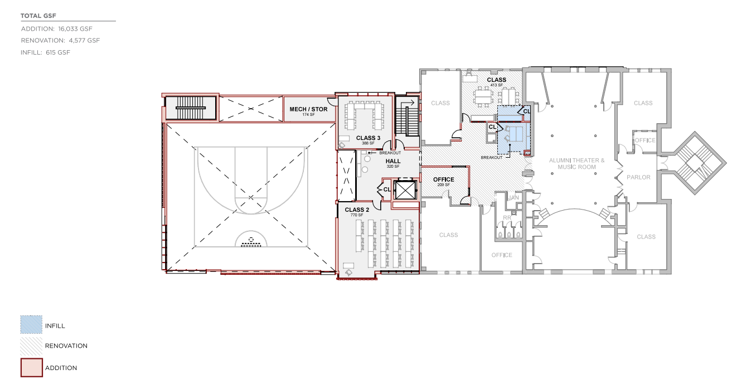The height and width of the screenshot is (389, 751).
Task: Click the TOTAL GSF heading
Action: pos(38,16)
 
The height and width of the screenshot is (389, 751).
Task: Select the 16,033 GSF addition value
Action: pos(75,29)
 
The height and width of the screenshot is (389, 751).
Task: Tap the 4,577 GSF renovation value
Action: pos(84,41)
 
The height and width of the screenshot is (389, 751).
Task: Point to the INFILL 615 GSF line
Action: pos(45,52)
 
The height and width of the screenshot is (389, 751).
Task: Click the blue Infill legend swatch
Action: pos(31,324)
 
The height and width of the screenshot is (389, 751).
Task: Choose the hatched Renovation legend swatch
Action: pos(31,346)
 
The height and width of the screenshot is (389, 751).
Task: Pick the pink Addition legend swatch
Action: pos(32,368)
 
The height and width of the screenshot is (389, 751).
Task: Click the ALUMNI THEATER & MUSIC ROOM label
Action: pos(576,163)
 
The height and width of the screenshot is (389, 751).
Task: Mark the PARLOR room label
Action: pos(638,177)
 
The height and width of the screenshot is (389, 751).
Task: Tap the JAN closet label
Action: pos(513,198)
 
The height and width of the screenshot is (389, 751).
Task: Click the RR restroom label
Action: pos(507,218)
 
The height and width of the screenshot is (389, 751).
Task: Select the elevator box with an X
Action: pos(405,190)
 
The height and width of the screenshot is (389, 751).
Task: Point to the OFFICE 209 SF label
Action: pos(444,181)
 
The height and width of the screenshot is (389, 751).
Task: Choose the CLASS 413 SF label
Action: pos(497,81)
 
